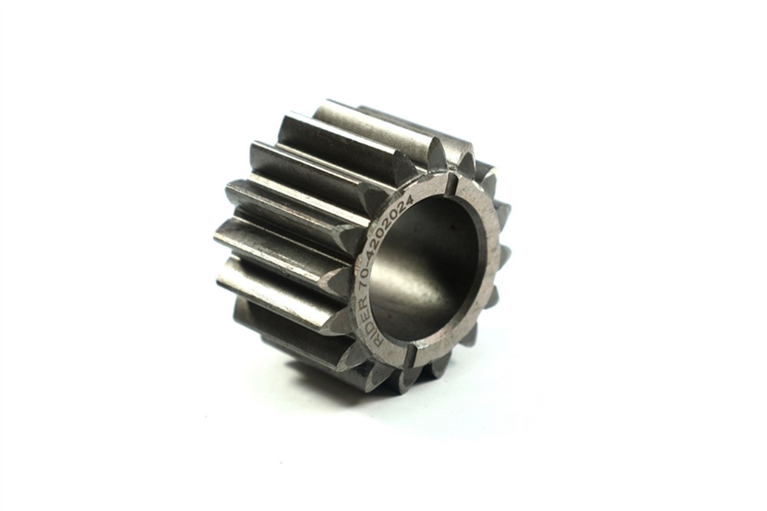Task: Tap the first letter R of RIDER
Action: pyautogui.click(x=380, y=344)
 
